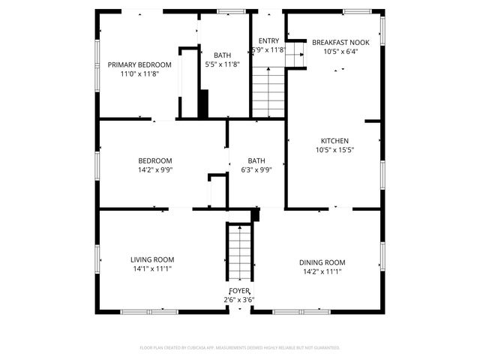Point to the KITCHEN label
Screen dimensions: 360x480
coord(334,140)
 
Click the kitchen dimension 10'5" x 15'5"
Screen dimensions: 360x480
coord(334,150)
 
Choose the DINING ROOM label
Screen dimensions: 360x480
coord(322,262)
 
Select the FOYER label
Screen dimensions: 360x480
coord(239,290)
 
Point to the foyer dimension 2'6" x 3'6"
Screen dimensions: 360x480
coord(239,300)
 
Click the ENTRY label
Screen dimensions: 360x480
coord(268,40)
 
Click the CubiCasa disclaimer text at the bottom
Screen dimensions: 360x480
coord(240,348)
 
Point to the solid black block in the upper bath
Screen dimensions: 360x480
coord(202,103)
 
